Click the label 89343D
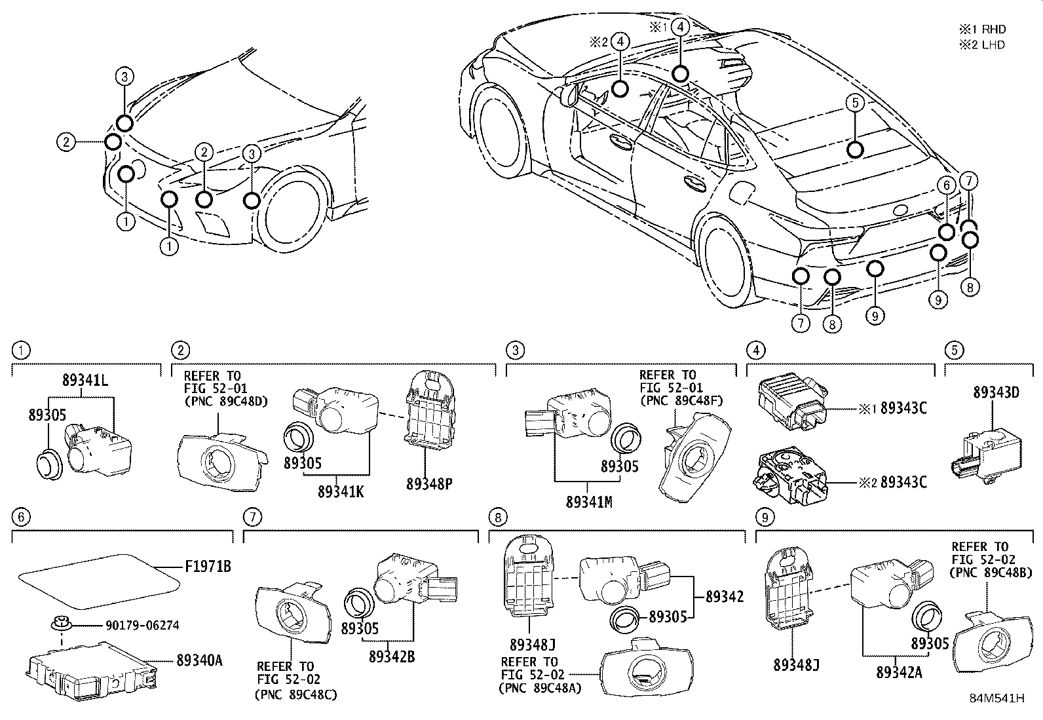[x=996, y=392]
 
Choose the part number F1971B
[x=208, y=566]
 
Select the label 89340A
[x=199, y=660]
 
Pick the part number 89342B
[x=391, y=656]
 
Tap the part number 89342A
[x=899, y=672]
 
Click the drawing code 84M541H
[x=996, y=698]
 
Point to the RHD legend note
[x=982, y=29]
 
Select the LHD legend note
[x=982, y=45]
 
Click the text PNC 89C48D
[x=226, y=401]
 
